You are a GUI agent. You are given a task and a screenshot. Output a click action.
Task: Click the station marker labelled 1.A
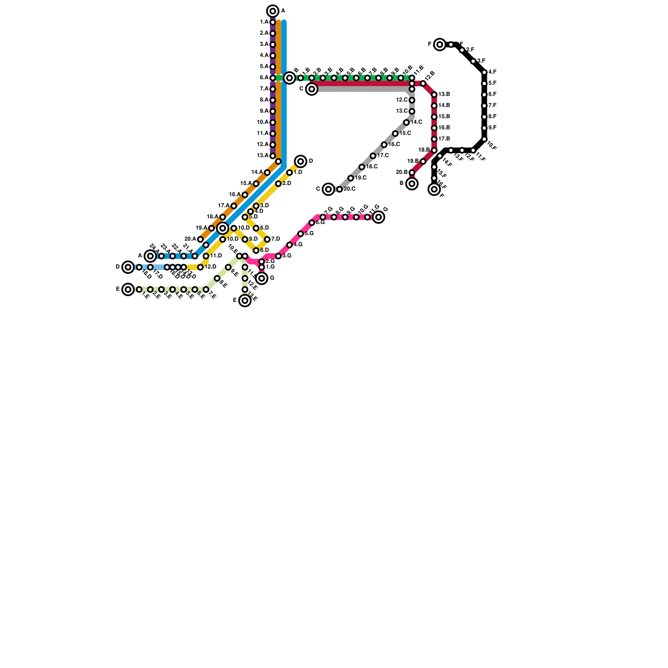point(273,22)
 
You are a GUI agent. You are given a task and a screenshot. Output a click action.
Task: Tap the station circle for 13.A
point(273,156)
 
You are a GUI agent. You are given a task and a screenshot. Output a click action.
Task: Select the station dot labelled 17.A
point(234,206)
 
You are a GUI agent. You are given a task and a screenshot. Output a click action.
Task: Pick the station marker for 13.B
point(434,95)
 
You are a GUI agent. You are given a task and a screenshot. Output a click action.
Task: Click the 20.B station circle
point(412,172)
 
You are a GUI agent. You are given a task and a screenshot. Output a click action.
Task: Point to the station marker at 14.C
point(406,122)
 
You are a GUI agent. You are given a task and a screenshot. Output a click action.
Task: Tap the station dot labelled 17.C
point(373,156)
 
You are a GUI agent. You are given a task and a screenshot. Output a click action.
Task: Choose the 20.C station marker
point(339,189)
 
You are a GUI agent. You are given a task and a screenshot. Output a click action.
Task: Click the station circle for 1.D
point(289,172)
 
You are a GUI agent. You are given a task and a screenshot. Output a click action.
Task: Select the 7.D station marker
point(267,239)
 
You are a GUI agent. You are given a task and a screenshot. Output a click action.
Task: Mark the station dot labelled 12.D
point(200,267)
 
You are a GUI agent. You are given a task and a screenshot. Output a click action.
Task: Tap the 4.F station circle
point(484,72)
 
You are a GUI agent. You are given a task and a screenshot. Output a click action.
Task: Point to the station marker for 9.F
point(484,128)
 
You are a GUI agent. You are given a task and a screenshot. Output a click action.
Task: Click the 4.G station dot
point(289,245)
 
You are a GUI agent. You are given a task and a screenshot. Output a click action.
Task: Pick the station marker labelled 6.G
point(312,223)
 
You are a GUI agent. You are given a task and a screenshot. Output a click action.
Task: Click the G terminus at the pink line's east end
point(379,217)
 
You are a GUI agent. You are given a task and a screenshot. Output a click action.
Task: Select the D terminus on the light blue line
point(128,267)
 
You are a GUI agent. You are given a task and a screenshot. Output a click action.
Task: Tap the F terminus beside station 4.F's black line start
point(440,44)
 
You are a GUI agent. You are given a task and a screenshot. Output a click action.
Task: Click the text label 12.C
point(402,100)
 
